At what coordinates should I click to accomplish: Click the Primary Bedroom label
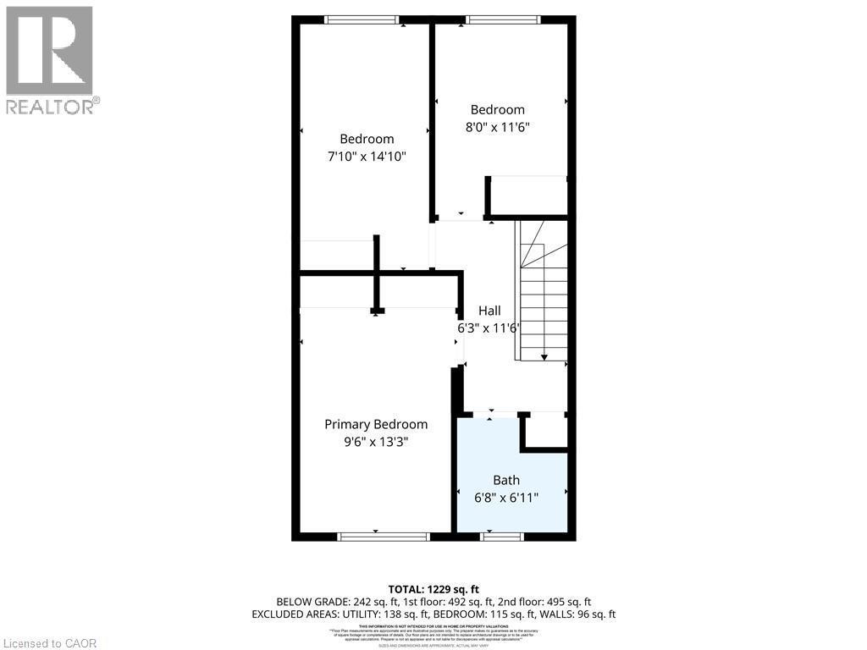click(376, 424)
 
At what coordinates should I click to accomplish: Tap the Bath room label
click(506, 480)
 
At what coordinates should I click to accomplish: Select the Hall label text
click(489, 311)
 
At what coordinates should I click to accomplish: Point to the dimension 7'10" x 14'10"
click(367, 156)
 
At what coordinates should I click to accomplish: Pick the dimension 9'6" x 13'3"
click(376, 441)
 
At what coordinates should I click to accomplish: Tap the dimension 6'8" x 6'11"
click(506, 497)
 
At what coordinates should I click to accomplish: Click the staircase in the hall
click(543, 296)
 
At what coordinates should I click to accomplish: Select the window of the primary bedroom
click(384, 536)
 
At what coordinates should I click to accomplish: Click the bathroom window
click(502, 536)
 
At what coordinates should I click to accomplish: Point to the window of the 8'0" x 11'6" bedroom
click(502, 19)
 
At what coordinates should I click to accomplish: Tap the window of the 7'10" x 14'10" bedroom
click(362, 19)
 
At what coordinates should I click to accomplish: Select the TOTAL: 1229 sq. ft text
click(433, 589)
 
